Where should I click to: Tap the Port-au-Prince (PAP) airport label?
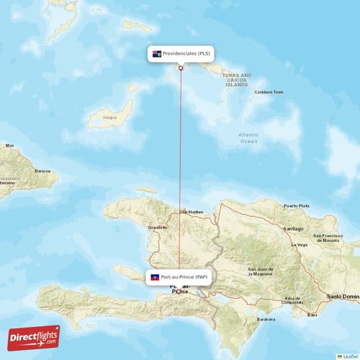point(184,277)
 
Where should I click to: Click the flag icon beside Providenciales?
point(156,53)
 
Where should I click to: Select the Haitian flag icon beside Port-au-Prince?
point(154,277)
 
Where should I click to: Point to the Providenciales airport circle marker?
point(180,68)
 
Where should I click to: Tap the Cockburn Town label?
point(269,92)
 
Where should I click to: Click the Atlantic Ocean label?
point(248,138)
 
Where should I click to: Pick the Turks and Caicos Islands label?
point(236,79)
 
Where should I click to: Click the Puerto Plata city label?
point(296,206)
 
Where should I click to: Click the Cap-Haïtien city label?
point(192,212)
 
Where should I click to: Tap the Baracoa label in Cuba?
point(42,171)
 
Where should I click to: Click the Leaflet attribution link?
point(351,356)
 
